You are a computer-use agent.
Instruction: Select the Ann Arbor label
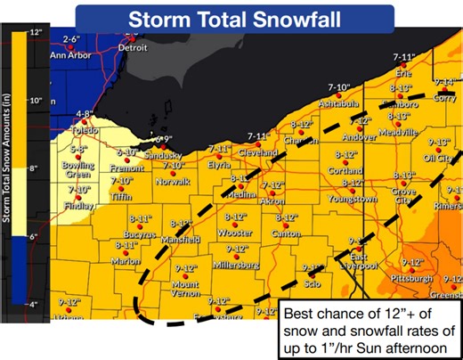(70, 53)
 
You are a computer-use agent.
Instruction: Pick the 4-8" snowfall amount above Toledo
(85, 113)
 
